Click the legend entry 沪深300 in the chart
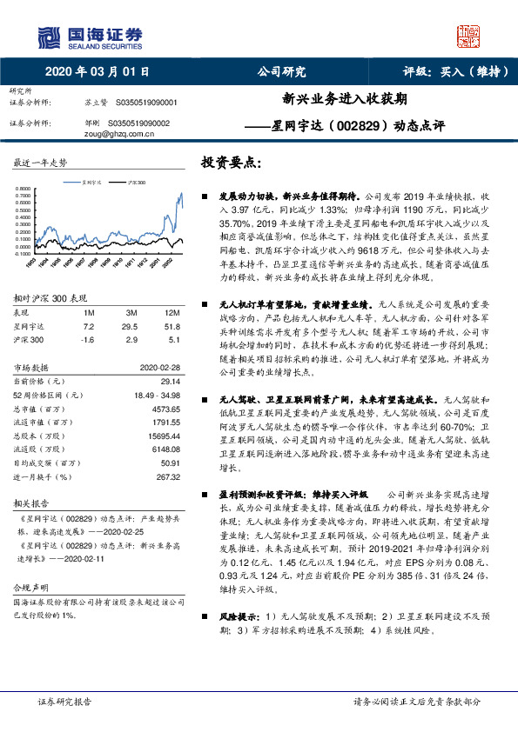[136, 183]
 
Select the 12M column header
[172, 313]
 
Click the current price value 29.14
[168, 381]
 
